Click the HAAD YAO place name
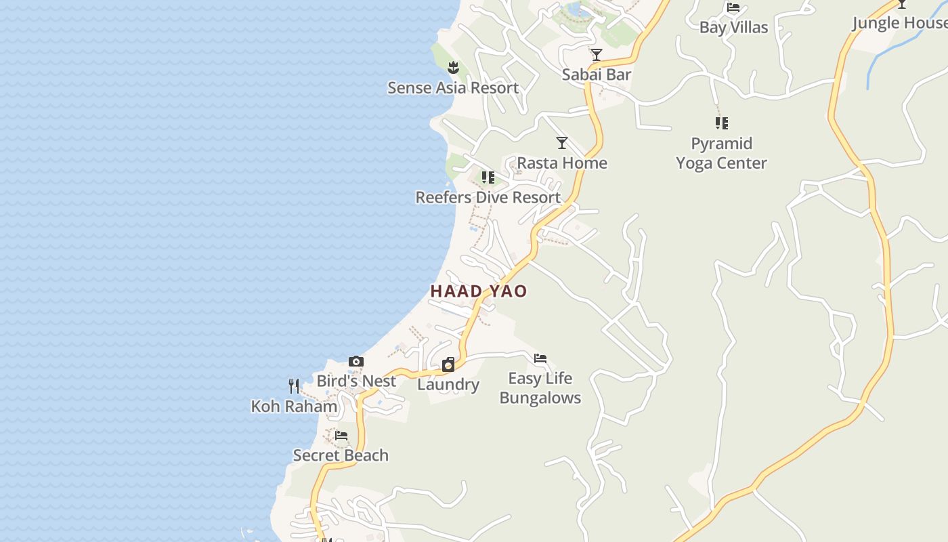click(x=479, y=291)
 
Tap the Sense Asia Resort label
click(x=453, y=88)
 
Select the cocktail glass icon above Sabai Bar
click(x=596, y=55)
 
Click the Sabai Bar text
click(x=596, y=75)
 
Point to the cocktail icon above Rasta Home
click(x=561, y=143)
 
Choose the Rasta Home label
click(x=562, y=163)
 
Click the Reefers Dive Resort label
click(x=488, y=198)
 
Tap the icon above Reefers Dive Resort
click(x=488, y=178)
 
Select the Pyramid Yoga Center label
click(x=721, y=153)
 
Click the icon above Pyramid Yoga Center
click(x=721, y=123)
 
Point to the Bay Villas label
click(x=733, y=28)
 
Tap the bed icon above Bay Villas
click(x=733, y=8)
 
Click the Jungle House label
click(x=899, y=23)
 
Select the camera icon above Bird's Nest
click(x=356, y=361)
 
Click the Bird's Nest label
click(x=356, y=381)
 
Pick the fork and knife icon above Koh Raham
click(x=294, y=386)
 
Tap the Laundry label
click(x=448, y=385)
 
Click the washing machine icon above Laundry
click(x=448, y=365)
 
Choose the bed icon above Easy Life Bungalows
click(x=540, y=358)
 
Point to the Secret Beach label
click(x=341, y=455)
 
